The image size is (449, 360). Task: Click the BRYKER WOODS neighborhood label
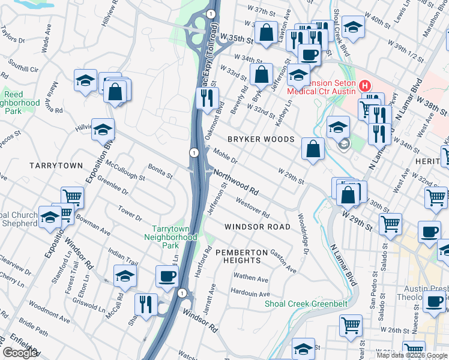[261, 139]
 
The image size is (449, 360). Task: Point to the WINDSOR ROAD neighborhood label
[257, 227]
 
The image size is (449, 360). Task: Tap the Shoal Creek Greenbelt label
[306, 304]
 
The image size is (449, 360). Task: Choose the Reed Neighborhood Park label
[13, 103]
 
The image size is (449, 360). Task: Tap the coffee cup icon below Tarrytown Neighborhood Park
[167, 276]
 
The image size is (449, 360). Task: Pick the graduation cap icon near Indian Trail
[125, 276]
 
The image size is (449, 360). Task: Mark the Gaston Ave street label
[283, 261]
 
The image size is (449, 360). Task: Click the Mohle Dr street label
[226, 157]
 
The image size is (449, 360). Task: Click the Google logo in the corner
[20, 353]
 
